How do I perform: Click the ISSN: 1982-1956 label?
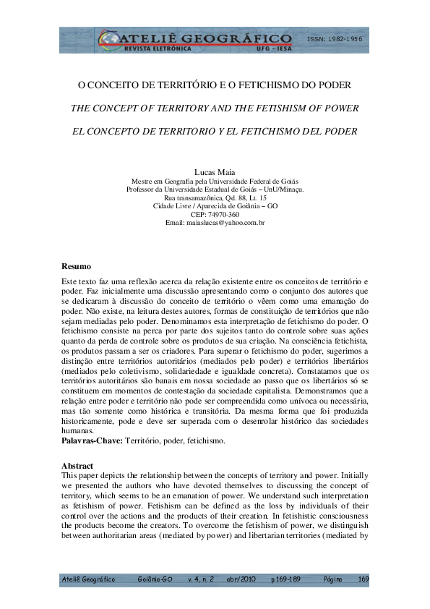point(334,38)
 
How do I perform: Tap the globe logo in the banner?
point(108,41)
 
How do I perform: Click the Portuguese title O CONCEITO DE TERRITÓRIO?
point(215,85)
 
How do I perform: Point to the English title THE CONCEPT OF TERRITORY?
point(215,108)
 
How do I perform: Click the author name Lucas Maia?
point(215,171)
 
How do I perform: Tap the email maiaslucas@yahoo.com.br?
point(215,223)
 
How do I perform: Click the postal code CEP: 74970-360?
point(215,214)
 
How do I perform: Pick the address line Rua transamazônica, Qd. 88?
point(215,197)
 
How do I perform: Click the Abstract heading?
point(78,465)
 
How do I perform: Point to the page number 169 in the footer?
point(363,579)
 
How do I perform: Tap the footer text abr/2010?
point(240,579)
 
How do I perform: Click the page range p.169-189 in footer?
point(287,579)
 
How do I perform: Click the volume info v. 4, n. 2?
point(200,579)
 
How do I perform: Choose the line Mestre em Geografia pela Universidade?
point(215,181)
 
